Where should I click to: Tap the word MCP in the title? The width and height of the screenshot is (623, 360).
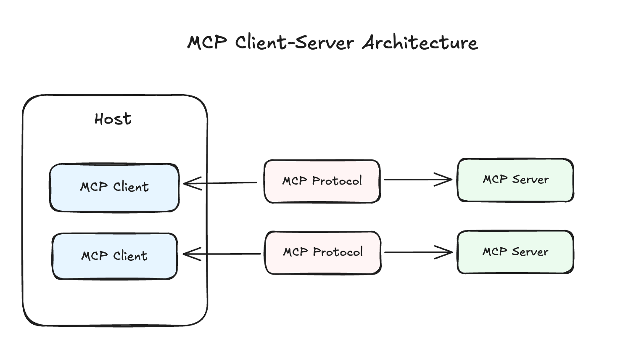coord(207,42)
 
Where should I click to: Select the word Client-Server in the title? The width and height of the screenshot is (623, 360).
coord(294,42)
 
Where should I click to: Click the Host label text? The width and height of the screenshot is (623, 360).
coord(113,119)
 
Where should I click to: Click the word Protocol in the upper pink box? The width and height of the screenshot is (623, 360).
coord(337,181)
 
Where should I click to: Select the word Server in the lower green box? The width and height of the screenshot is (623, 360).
coord(530,252)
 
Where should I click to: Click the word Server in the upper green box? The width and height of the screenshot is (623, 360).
coord(531,180)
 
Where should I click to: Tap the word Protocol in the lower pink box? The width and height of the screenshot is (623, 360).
coord(338,252)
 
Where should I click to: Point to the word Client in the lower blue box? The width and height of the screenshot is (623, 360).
coord(130,256)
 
